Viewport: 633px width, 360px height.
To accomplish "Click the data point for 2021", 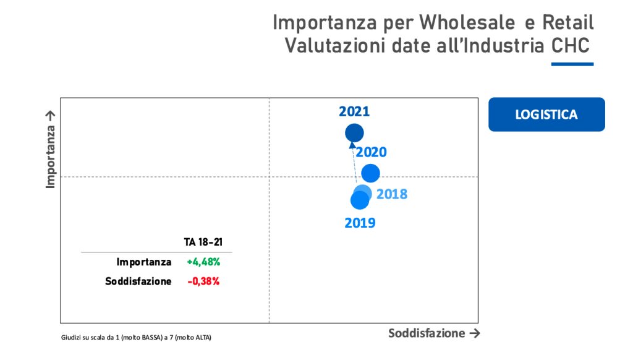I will tap(354, 132).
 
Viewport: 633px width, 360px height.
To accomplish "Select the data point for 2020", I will tap(370, 173).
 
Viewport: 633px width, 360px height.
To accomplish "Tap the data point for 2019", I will tap(359, 200).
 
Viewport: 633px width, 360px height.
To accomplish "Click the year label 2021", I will tap(354, 112).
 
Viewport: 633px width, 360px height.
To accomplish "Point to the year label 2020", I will tap(372, 152).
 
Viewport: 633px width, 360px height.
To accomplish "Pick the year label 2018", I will tap(392, 194).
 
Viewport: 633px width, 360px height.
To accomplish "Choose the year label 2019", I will tap(360, 223).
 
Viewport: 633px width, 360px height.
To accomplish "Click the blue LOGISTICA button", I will tap(546, 114).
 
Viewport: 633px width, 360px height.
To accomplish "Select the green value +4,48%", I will tap(203, 262).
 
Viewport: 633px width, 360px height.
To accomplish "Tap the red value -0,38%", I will tap(203, 281).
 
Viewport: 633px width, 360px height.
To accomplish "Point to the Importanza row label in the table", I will tap(144, 262).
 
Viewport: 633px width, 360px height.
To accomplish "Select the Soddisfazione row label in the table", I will tap(138, 281).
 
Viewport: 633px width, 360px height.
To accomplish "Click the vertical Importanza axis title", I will tap(51, 149).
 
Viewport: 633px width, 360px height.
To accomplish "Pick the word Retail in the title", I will tap(567, 22).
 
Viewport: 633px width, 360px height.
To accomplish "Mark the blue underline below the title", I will tap(572, 64).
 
